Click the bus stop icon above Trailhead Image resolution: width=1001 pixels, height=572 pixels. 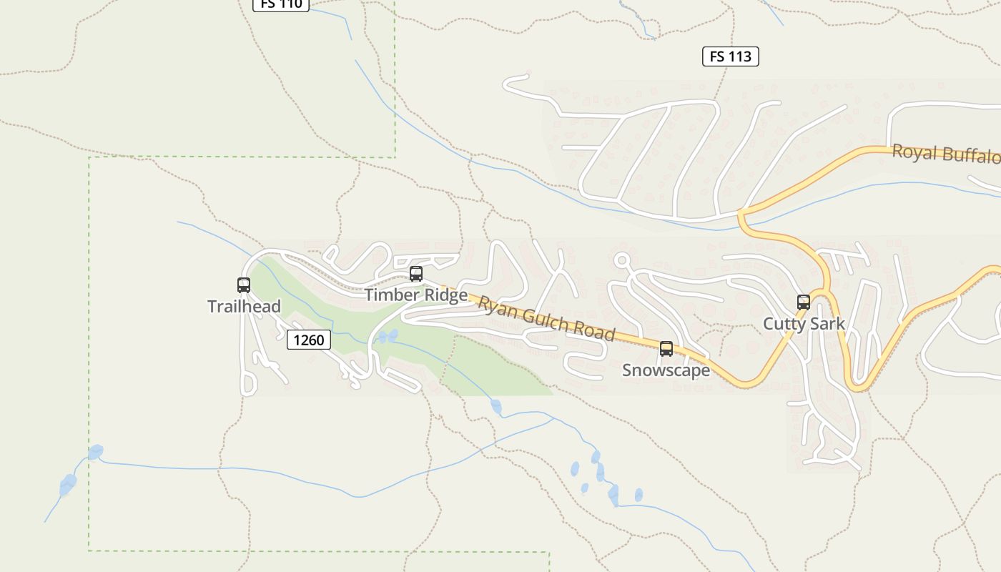pos(244,285)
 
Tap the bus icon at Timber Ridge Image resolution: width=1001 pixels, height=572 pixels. pos(416,274)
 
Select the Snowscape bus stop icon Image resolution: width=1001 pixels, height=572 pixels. pos(666,349)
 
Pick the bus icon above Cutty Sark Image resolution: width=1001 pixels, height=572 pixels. pos(804,302)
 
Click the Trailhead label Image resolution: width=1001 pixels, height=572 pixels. pos(244,307)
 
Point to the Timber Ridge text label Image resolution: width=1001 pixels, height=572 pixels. pos(416,295)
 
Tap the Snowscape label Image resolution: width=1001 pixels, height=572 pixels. pos(666,370)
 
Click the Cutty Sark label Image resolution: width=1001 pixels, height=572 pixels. pos(804,324)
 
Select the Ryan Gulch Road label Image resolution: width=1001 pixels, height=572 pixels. pos(547,319)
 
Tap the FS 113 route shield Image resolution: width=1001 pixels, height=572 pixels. pos(730,56)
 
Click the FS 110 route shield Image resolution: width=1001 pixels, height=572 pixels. pos(281,4)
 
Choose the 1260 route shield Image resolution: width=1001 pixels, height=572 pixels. pos(309,340)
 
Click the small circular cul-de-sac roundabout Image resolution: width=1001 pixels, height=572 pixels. pos(621,260)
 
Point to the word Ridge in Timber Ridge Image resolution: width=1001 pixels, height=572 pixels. pos(445,295)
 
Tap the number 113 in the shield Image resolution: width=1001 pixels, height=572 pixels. pos(741,56)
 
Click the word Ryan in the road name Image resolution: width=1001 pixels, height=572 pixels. pos(495,307)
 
